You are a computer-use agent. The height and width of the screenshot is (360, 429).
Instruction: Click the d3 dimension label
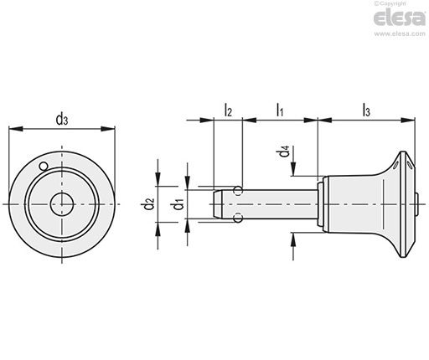(62, 120)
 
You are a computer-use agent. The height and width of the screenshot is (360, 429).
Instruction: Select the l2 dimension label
(228, 110)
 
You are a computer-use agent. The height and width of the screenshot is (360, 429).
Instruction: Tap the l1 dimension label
(280, 110)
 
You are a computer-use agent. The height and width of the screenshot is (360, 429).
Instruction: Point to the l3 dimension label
(366, 110)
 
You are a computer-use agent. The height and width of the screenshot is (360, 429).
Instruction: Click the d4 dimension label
(284, 151)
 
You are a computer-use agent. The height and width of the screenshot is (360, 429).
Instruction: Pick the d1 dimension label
(178, 203)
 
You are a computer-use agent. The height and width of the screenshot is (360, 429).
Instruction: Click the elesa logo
(400, 18)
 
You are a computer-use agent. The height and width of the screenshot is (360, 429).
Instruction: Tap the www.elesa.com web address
(400, 33)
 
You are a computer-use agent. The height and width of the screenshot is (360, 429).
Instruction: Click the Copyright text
(390, 3)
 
